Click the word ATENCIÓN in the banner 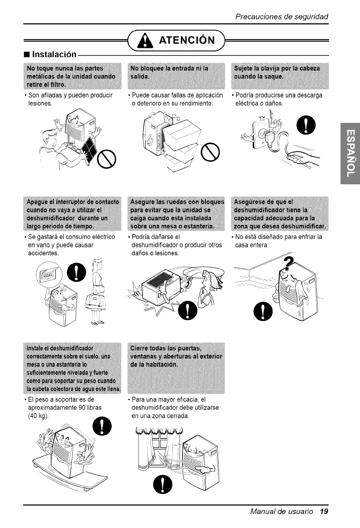tap(187, 40)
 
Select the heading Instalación tap(54, 54)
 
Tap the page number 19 tap(324, 511)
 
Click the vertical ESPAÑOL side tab tap(350, 153)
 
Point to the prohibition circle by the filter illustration tap(106, 159)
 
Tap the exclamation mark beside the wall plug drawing tap(306, 125)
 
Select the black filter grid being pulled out tap(89, 148)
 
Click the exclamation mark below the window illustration tap(163, 484)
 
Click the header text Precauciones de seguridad tap(282, 17)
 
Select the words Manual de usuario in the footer tap(282, 511)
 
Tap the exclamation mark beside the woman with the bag tap(77, 272)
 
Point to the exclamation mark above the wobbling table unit tap(102, 426)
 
